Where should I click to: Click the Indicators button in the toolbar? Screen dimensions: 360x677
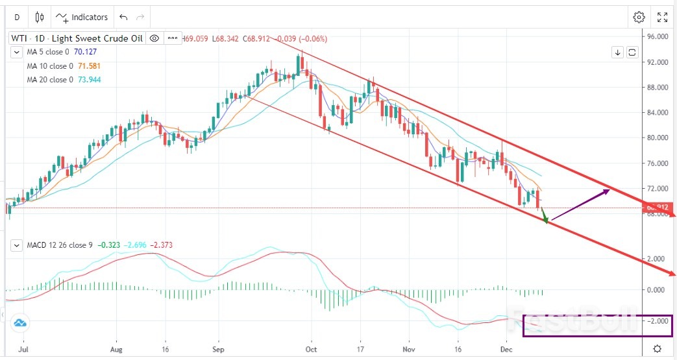coord(81,17)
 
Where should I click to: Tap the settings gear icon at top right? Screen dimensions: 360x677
coord(639,17)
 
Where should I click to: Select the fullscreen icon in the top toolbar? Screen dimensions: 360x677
coord(663,17)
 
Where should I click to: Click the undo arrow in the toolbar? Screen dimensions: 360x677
coord(124,17)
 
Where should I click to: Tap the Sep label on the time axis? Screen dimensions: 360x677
coord(218,348)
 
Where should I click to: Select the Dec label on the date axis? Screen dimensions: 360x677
coord(506,348)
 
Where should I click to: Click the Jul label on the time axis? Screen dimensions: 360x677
coord(23,348)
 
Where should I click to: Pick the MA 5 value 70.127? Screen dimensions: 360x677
coord(88,52)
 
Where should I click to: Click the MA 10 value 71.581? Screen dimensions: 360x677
coord(90,66)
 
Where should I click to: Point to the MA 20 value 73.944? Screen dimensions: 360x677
coord(90,80)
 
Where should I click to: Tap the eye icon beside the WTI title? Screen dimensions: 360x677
coord(154,38)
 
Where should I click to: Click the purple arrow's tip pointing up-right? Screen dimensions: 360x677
coord(609,189)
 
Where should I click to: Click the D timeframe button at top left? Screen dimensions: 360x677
coord(17,17)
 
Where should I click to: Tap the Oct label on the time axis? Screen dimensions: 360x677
coord(311,348)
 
